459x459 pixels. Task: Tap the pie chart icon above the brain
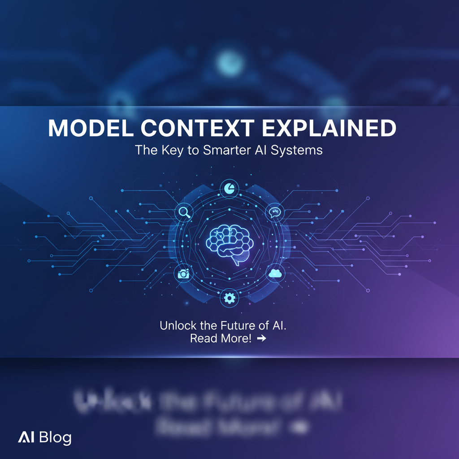[229, 187]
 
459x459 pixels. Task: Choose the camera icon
[183, 274]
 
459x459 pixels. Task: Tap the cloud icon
[274, 273]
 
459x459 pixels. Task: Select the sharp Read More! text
[221, 338]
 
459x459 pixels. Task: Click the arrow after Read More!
[261, 338]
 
